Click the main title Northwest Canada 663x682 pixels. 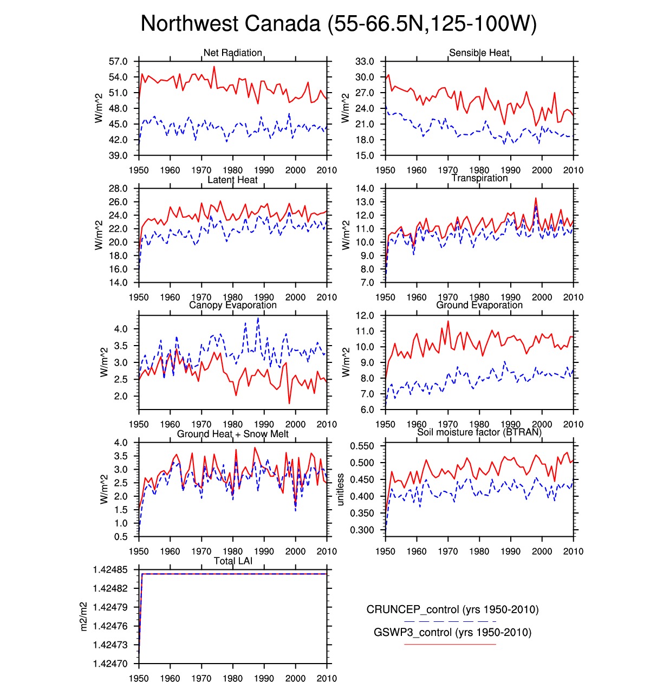(x=339, y=24)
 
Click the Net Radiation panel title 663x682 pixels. (x=232, y=53)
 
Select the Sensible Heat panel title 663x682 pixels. (x=479, y=53)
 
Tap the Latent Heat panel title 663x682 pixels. (x=232, y=180)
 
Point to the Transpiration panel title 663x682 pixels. (x=479, y=178)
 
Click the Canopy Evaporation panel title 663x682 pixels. (x=232, y=305)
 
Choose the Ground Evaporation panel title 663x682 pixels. (x=479, y=305)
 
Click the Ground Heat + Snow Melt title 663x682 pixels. (x=232, y=434)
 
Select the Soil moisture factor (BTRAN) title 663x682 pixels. (x=479, y=432)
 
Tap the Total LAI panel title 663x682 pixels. (x=233, y=561)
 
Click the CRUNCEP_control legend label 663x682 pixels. (x=452, y=609)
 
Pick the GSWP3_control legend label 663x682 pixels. (x=452, y=632)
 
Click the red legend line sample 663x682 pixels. (x=450, y=644)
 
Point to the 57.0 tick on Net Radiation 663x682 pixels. (x=118, y=62)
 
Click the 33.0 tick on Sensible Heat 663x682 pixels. (x=365, y=62)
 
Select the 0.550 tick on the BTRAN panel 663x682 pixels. (x=362, y=446)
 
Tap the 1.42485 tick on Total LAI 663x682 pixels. (x=110, y=570)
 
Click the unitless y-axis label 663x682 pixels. (x=341, y=489)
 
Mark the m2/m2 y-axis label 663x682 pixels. (x=84, y=616)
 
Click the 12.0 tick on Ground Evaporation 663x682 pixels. (x=365, y=316)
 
